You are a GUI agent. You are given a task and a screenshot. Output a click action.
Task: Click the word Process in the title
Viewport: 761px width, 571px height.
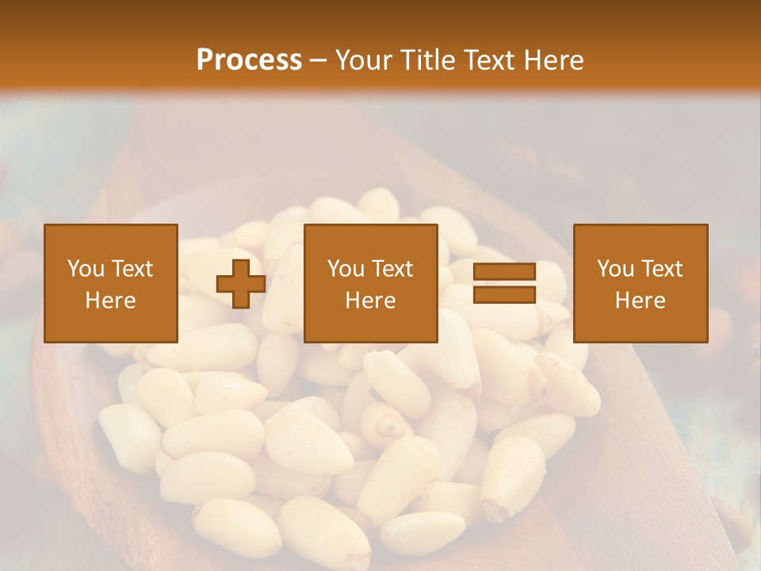(x=249, y=59)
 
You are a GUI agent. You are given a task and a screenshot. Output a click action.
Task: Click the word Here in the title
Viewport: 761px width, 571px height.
(x=554, y=59)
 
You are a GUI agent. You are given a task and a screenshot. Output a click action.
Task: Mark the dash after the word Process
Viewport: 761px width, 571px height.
(x=319, y=61)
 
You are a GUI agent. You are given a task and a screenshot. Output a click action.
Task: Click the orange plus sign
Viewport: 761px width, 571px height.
(x=241, y=284)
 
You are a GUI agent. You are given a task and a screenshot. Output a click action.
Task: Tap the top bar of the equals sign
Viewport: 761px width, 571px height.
(x=504, y=271)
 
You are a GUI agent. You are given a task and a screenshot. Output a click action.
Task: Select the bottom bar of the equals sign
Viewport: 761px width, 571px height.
(x=504, y=295)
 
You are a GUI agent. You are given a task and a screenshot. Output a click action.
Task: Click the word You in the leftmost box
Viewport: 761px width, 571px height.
(x=85, y=269)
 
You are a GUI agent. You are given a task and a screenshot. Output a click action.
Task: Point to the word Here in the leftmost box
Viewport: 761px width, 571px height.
(x=110, y=301)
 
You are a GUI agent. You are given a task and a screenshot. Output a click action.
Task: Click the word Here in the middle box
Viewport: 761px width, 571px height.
(x=370, y=301)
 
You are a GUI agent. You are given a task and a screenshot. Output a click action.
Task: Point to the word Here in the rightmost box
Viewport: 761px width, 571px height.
(x=640, y=301)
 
